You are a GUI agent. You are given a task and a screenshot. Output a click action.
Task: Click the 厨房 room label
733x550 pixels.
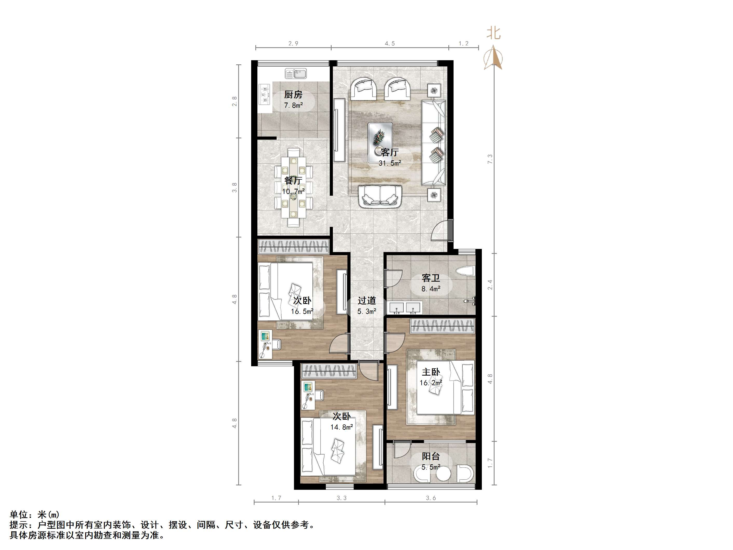click(x=293, y=95)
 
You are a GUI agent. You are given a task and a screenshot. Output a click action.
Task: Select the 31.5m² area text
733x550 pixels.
click(x=390, y=163)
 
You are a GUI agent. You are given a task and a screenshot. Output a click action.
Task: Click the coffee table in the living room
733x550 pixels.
click(x=380, y=142)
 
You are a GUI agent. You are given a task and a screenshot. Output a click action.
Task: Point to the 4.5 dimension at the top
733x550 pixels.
click(x=390, y=43)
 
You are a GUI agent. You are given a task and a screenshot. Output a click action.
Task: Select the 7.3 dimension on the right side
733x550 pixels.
click(x=490, y=159)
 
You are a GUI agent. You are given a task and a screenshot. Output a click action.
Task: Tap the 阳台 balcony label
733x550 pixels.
click(x=431, y=457)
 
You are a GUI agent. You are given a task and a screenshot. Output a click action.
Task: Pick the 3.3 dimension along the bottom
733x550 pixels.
click(x=342, y=498)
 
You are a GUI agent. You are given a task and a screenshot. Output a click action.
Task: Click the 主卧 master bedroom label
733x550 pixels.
click(x=431, y=372)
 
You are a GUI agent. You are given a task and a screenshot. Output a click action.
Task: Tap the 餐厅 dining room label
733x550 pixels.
click(x=293, y=181)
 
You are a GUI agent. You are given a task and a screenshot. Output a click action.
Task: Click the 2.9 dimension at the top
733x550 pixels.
click(x=293, y=43)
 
